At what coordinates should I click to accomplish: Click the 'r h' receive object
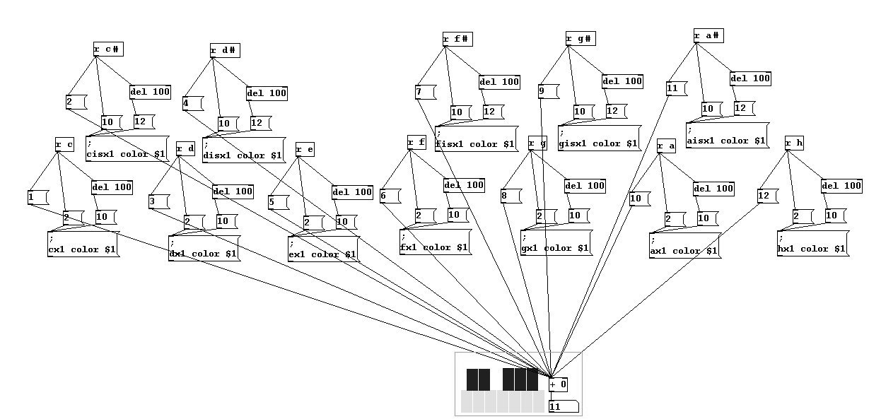click(x=794, y=143)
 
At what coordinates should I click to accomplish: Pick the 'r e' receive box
click(x=304, y=149)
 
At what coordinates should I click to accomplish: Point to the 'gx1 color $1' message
click(x=556, y=243)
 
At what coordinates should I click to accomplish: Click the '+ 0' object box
click(x=559, y=384)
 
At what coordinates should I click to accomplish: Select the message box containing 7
click(x=424, y=91)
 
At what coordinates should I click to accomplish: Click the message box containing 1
click(x=38, y=197)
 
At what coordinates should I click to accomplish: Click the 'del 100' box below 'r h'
click(x=841, y=186)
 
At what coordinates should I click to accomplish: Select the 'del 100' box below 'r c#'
click(x=150, y=92)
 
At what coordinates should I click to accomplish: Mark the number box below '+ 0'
click(x=564, y=406)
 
